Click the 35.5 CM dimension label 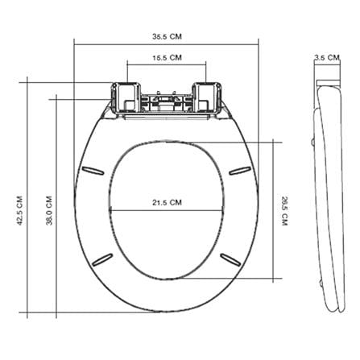(167, 36)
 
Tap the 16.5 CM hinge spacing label (167, 58)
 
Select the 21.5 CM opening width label (167, 202)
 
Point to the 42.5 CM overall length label (20, 211)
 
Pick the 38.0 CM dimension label (49, 211)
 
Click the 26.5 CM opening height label (284, 211)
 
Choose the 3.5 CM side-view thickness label (327, 57)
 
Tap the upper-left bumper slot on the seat (93, 171)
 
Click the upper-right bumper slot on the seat (240, 171)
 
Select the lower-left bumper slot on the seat (102, 259)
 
